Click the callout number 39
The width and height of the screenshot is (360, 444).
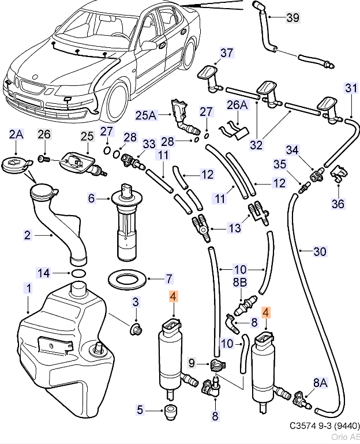292,18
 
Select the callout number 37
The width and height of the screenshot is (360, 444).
227,54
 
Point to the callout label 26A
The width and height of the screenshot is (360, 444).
237,105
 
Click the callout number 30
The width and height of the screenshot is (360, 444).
320,251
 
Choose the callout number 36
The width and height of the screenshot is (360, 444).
337,203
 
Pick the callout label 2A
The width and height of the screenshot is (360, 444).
16,135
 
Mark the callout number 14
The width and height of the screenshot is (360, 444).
44,273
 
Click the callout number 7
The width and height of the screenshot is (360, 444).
168,279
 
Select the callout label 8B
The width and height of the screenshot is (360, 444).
239,283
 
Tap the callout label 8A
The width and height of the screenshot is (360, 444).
320,382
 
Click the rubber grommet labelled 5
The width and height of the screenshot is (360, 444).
170,412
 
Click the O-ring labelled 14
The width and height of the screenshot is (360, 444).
78,273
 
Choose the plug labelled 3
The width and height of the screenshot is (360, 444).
137,330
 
